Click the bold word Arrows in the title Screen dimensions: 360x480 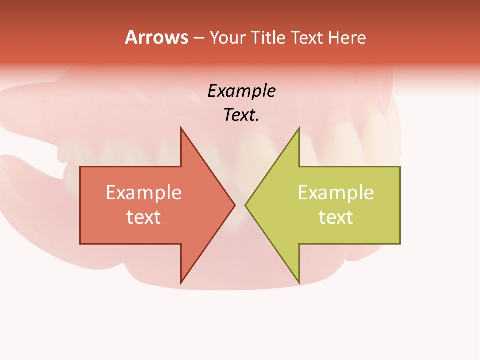(x=156, y=37)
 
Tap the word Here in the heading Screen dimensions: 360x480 (x=346, y=37)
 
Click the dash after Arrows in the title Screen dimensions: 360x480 (x=198, y=38)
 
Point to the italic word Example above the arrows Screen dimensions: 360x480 (x=241, y=91)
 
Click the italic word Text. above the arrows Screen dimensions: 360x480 (x=241, y=115)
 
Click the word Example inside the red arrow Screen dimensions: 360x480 (x=143, y=193)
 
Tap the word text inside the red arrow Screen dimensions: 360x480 (x=143, y=217)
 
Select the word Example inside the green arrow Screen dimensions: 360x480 (x=336, y=193)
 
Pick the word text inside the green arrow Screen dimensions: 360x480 (x=336, y=217)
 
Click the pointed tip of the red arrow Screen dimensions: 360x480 (x=234, y=205)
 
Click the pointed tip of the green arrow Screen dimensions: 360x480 (x=245, y=205)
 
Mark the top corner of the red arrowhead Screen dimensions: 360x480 (x=181, y=128)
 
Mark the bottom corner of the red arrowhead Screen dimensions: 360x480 (x=181, y=283)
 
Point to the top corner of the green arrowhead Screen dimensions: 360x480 (x=299, y=128)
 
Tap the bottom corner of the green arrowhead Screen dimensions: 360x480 (x=299, y=283)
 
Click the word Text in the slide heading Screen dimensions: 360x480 (x=307, y=37)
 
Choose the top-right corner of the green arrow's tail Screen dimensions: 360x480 (x=400, y=167)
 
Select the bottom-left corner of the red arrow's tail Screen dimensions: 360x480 (x=80, y=244)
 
